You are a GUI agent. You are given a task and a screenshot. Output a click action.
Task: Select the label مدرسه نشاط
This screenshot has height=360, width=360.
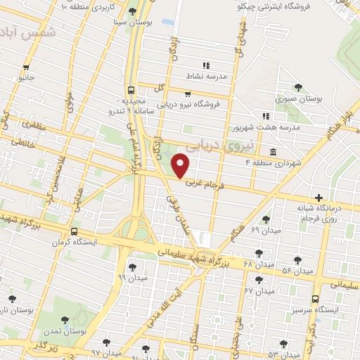click(x=205, y=76)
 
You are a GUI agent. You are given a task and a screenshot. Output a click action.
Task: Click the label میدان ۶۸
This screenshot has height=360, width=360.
click(x=258, y=264)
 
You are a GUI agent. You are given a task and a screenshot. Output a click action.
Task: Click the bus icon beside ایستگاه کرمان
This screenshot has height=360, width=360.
click(x=74, y=232)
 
